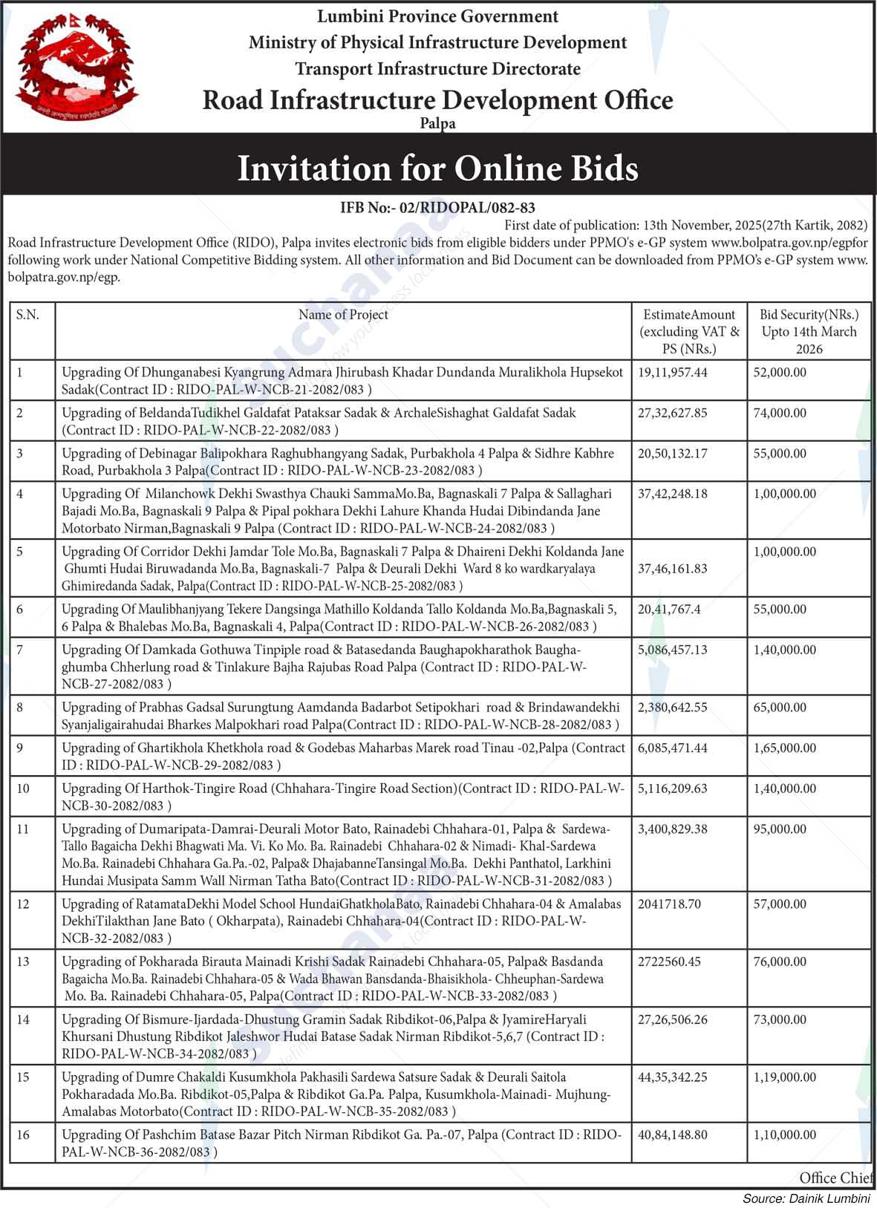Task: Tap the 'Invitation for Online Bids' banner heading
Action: pos(437,168)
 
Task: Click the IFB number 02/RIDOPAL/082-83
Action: pos(437,208)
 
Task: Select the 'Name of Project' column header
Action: pos(343,315)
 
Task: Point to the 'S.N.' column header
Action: pos(27,315)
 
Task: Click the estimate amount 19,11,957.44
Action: pos(673,372)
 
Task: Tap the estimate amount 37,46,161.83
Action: pos(673,569)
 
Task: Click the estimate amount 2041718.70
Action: pos(669,904)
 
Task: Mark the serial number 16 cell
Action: pos(23,1134)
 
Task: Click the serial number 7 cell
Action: pos(20,650)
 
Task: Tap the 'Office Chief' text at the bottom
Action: pos(835,1178)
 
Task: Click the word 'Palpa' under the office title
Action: pos(437,124)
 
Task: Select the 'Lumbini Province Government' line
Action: pos(437,16)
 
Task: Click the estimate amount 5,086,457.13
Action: pos(673,650)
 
